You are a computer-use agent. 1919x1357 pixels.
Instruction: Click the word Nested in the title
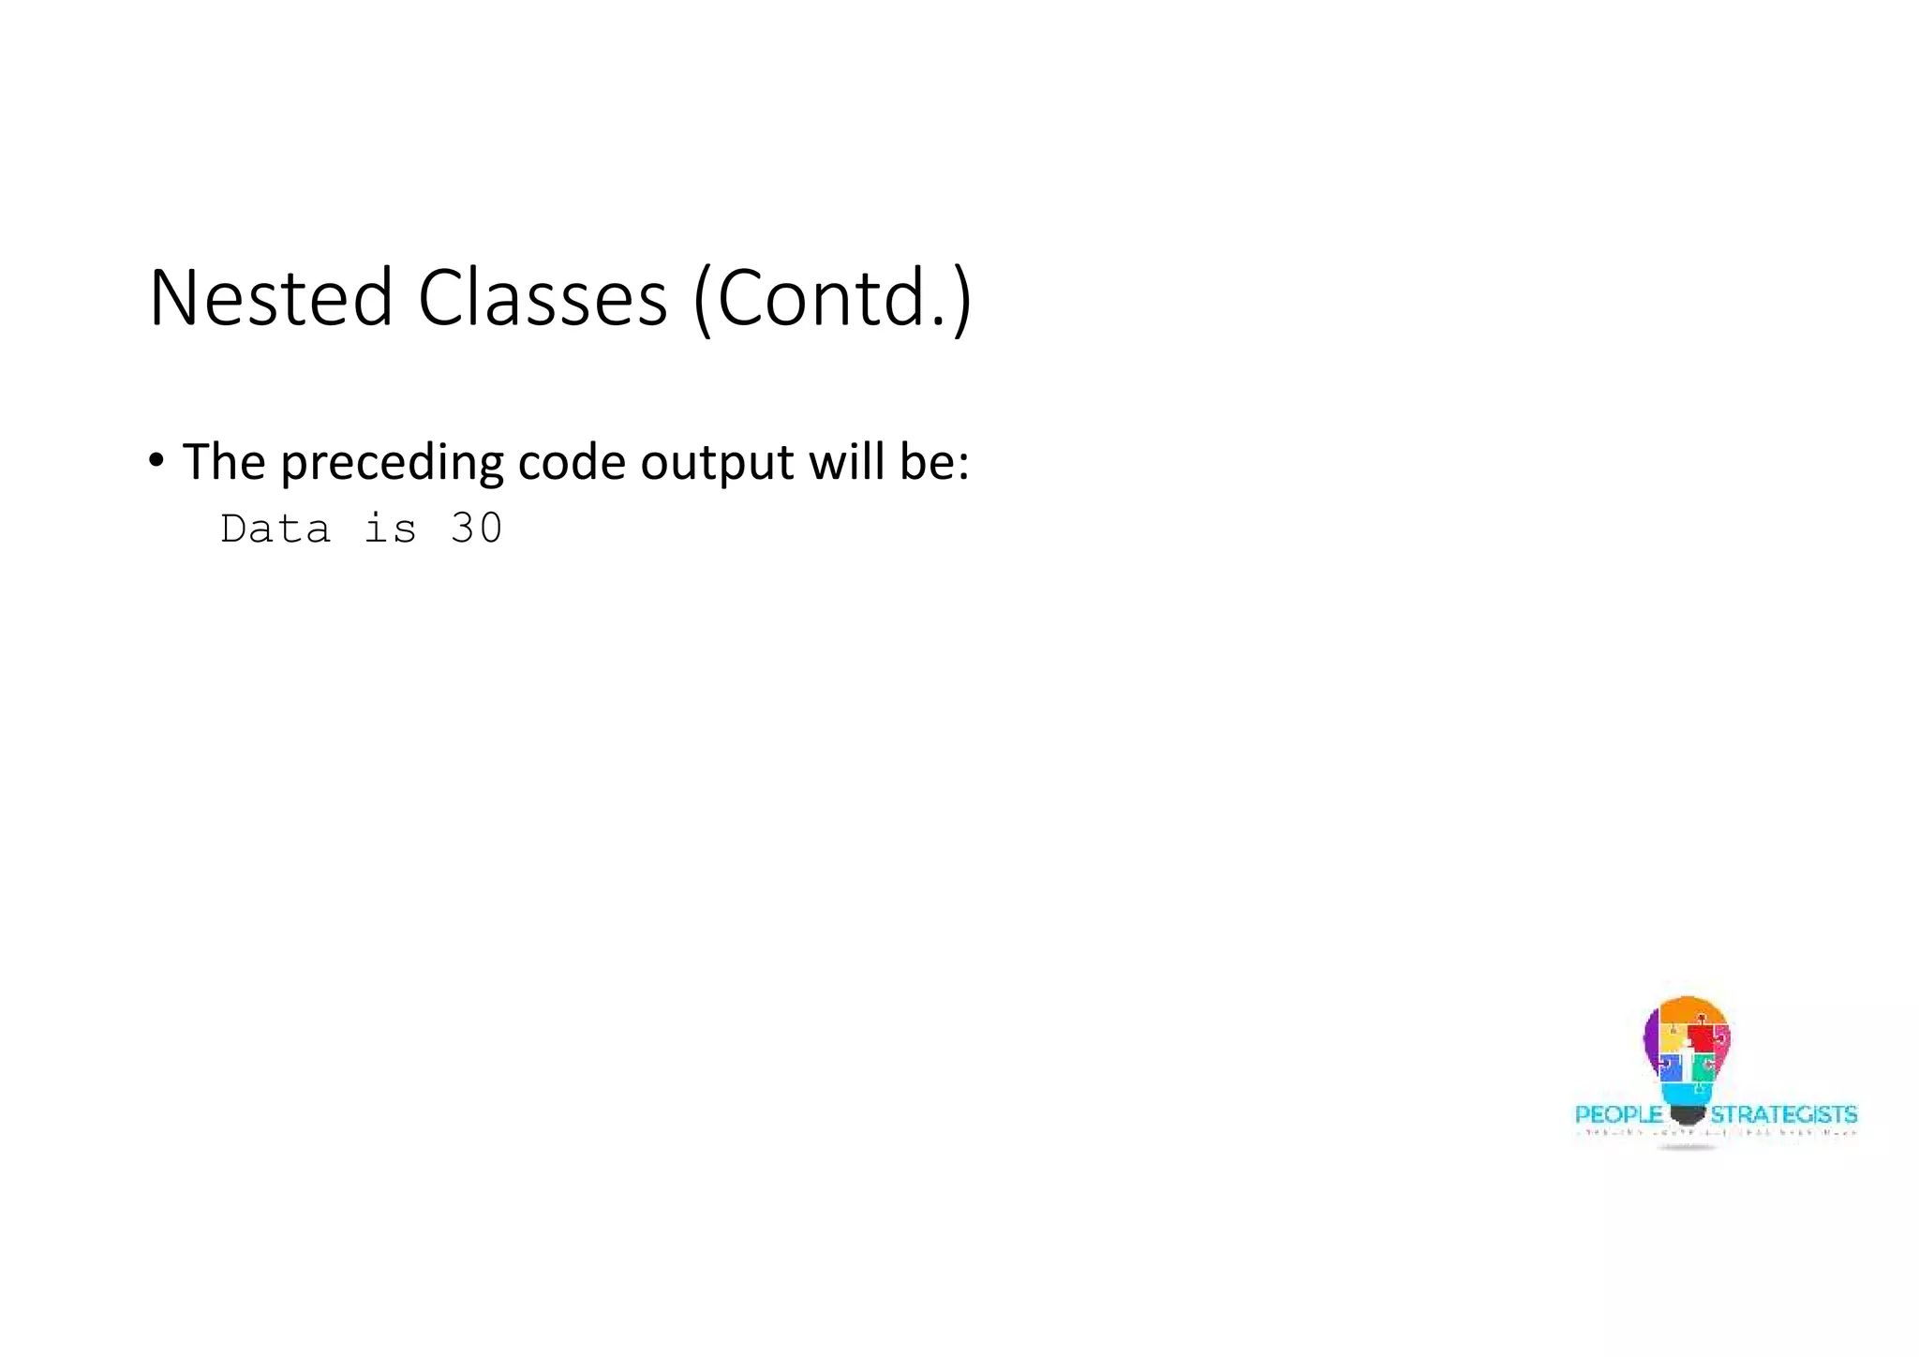tap(270, 298)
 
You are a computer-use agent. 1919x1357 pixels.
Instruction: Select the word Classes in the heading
tap(542, 298)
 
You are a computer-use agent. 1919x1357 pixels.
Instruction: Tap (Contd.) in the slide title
tap(832, 298)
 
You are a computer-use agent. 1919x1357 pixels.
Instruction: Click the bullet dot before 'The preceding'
tap(156, 460)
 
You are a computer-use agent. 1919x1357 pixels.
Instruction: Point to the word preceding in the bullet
tap(392, 463)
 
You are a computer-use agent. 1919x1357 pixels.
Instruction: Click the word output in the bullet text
tap(717, 463)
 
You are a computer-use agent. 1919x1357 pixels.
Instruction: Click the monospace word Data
tap(275, 529)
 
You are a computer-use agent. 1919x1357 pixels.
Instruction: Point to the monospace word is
tap(390, 529)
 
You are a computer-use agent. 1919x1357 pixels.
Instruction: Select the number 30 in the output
tap(477, 529)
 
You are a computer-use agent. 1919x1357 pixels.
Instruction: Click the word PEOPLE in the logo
tap(1618, 1115)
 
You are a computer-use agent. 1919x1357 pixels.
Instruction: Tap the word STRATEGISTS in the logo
tap(1784, 1115)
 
